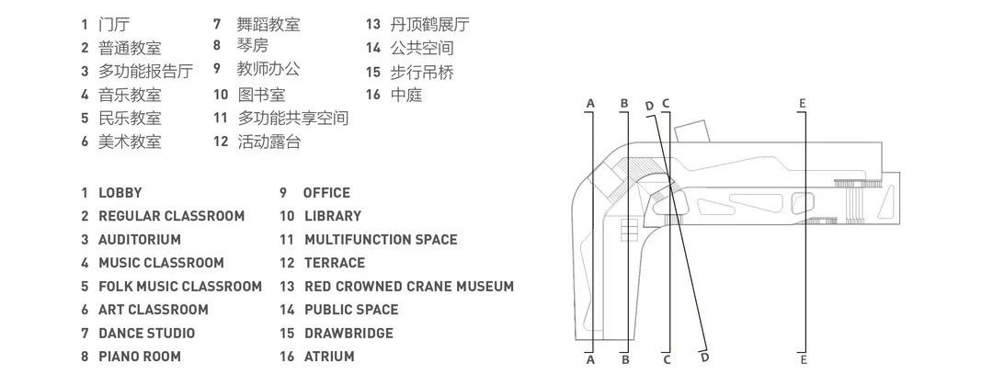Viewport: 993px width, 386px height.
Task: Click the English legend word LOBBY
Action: [x=120, y=193]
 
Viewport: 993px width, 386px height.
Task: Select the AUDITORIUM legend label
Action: [x=140, y=240]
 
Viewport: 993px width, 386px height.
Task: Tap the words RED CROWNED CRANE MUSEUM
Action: [x=409, y=287]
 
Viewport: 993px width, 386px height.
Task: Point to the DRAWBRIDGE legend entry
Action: [x=349, y=334]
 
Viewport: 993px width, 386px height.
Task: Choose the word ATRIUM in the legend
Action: [x=329, y=357]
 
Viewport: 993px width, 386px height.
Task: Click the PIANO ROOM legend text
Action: [x=140, y=357]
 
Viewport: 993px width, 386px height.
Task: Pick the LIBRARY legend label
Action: [x=333, y=216]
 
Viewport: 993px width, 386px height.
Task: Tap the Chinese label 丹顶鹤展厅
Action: [x=430, y=25]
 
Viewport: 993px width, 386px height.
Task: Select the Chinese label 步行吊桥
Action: [x=422, y=72]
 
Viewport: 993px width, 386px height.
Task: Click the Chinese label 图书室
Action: [x=261, y=95]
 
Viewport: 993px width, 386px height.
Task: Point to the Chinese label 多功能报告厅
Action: [x=145, y=71]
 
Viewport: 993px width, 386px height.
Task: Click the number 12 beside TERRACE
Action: [x=288, y=263]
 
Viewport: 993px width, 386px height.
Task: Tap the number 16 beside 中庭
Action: [x=373, y=95]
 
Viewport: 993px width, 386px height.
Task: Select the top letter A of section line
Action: [x=591, y=103]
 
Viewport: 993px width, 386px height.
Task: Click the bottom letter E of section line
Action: [x=804, y=360]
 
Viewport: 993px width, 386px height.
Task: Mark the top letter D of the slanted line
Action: [x=649, y=106]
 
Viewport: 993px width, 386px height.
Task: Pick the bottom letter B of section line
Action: [x=625, y=360]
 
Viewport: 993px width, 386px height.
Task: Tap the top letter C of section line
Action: [x=666, y=103]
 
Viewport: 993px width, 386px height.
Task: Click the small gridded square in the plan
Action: [x=629, y=229]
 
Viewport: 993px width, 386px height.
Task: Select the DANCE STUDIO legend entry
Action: [x=147, y=334]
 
